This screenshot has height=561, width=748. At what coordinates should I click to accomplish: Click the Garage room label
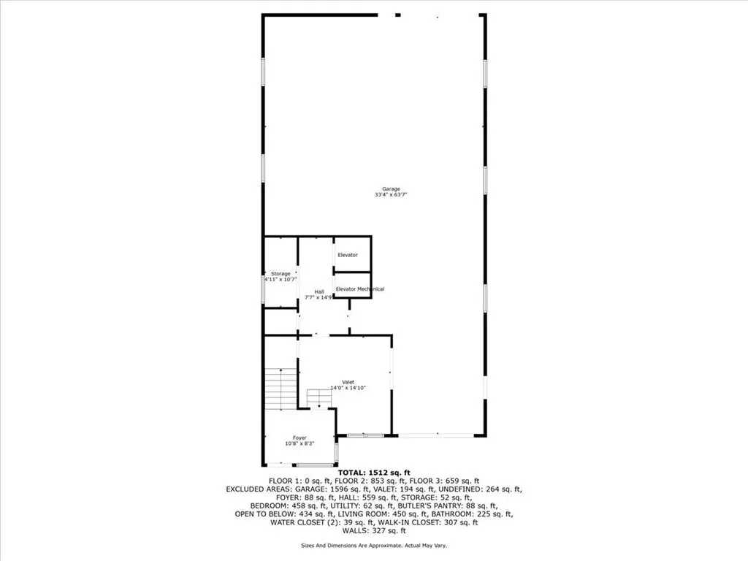coord(391,189)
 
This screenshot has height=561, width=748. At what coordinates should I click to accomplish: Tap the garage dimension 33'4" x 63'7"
coord(391,194)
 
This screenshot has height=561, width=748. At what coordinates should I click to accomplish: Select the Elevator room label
coord(347,255)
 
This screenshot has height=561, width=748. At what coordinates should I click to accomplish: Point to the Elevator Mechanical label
coord(359,289)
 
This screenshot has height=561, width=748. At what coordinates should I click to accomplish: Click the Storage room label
coord(280,274)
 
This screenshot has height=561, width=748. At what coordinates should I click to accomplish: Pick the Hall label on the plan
coord(319,292)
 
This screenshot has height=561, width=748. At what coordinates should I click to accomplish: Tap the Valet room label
coord(348,382)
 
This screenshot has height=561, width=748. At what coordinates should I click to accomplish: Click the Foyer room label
coord(299,438)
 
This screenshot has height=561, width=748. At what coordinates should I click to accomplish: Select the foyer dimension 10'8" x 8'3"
coord(299,443)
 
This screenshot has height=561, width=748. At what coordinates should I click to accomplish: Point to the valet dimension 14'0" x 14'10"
coord(348,388)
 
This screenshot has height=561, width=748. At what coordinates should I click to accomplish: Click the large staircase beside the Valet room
coord(281,389)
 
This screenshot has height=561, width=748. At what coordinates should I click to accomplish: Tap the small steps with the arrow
coord(319,398)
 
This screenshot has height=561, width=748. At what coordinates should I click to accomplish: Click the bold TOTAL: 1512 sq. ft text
coord(374,473)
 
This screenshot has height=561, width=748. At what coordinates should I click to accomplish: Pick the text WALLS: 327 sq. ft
coord(374,530)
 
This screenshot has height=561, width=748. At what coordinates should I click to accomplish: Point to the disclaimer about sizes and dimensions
coord(374,545)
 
